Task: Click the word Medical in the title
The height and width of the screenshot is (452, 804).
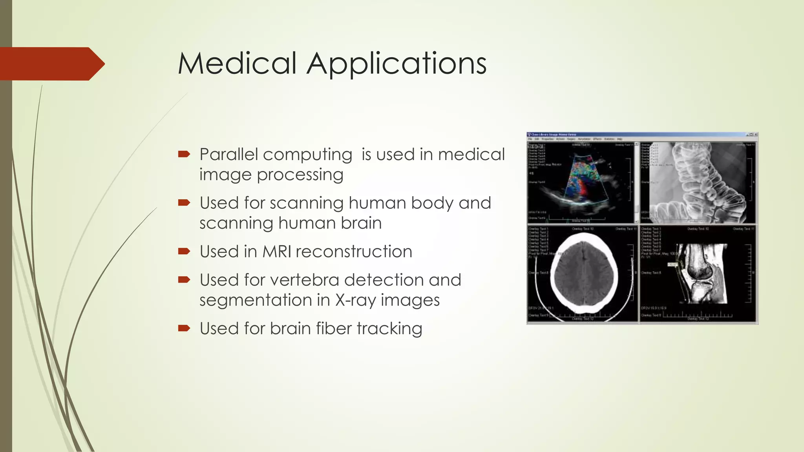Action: click(x=237, y=64)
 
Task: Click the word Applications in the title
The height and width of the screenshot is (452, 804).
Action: click(x=397, y=64)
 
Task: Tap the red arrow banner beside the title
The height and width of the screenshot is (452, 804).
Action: click(x=51, y=64)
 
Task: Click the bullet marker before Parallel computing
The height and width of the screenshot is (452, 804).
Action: click(x=184, y=154)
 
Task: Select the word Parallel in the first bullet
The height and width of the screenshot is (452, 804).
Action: click(x=229, y=155)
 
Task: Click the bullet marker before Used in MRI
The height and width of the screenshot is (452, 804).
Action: click(x=184, y=251)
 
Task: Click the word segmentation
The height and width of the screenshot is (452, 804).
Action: click(x=256, y=301)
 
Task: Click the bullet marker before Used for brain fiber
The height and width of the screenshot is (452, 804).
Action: click(x=184, y=328)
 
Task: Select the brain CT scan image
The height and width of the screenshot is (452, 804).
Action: click(x=584, y=273)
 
